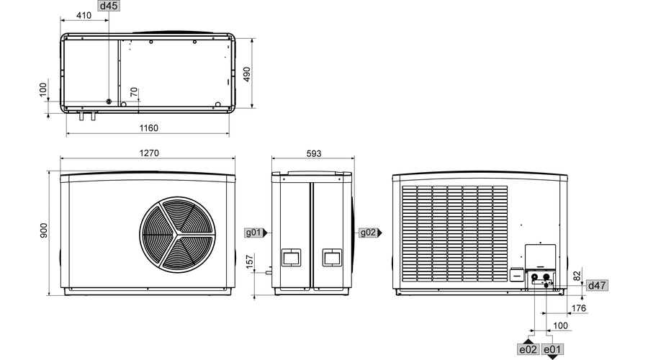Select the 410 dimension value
point(84,16)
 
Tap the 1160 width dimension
point(148,128)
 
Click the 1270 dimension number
point(148,153)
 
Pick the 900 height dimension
point(43,231)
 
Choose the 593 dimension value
point(313,153)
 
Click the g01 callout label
point(253,233)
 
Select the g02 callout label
point(367,233)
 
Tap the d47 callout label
point(597,286)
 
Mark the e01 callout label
point(552,349)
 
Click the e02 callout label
point(528,349)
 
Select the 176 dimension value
point(577,308)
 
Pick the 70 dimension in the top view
point(133,92)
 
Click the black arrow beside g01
point(266,233)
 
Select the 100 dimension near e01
point(561,326)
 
